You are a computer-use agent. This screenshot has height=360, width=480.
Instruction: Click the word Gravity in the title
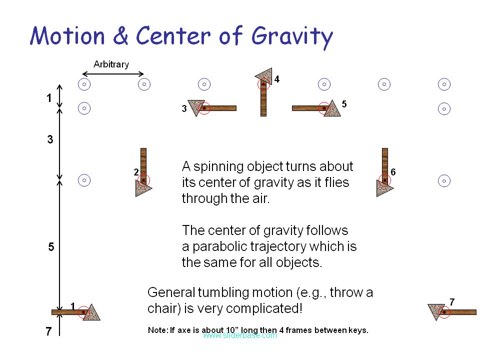point(292,36)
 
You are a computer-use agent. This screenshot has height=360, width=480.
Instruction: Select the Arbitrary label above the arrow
point(111,64)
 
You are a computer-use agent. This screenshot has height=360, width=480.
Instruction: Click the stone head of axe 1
point(92,313)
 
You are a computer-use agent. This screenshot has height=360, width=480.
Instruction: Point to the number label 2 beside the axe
point(136,172)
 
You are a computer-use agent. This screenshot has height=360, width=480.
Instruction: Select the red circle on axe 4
point(263,84)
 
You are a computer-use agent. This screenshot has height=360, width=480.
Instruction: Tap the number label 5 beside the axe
point(344,104)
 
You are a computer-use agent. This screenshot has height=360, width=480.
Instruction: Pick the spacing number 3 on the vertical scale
point(50,140)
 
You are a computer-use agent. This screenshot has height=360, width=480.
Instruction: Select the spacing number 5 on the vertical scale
point(51,247)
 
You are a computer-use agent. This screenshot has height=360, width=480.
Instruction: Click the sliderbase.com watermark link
point(239,335)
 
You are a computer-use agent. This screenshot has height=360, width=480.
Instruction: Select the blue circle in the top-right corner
point(444,84)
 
